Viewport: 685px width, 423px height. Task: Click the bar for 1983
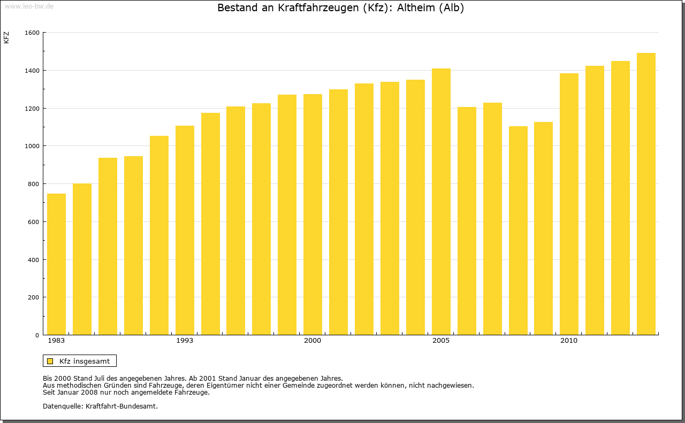[x=56, y=264]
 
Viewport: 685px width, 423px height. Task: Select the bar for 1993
[x=185, y=230]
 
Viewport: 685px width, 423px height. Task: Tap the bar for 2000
[x=313, y=214]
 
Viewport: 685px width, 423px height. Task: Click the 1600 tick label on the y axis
[x=32, y=33]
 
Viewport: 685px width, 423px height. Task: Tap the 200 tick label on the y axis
[x=34, y=297]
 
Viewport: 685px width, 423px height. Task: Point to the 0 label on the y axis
[x=37, y=335]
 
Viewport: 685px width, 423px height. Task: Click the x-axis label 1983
[x=56, y=341]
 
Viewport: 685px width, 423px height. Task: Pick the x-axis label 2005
[x=441, y=341]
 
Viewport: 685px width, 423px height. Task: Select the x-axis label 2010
[x=569, y=341]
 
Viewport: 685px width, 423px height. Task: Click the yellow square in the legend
[x=50, y=361]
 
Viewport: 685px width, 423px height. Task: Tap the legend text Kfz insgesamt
[x=85, y=361]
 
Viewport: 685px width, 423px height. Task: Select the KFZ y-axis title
[x=6, y=37]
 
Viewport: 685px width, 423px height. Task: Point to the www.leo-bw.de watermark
[x=28, y=5]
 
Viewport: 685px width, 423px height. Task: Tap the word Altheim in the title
[x=416, y=8]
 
